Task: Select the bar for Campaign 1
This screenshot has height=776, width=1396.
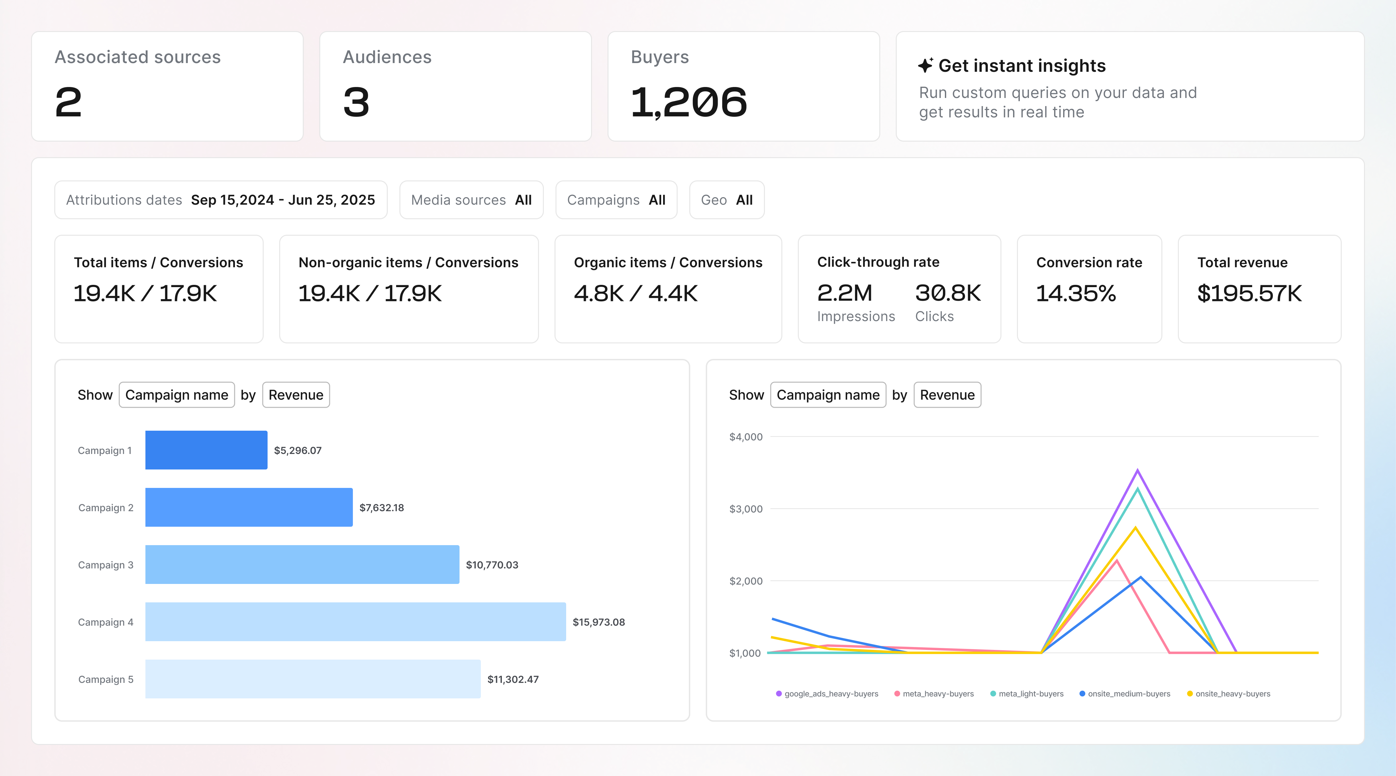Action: pos(206,450)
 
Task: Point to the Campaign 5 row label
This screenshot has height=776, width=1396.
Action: pos(106,679)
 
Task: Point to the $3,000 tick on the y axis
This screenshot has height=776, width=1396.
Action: pos(746,509)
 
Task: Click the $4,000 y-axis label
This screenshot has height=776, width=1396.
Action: pos(746,436)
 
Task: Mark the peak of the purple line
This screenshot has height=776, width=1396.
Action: pos(1137,470)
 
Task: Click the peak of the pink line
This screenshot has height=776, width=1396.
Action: pos(1116,560)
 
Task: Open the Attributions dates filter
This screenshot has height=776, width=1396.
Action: pos(221,200)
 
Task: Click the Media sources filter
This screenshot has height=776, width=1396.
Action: pos(471,200)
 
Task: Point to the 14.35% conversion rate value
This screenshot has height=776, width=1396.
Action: pos(1076,293)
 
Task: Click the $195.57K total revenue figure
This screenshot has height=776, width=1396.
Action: pos(1249,293)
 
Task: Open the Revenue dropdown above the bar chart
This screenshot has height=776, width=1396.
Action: pos(296,395)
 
